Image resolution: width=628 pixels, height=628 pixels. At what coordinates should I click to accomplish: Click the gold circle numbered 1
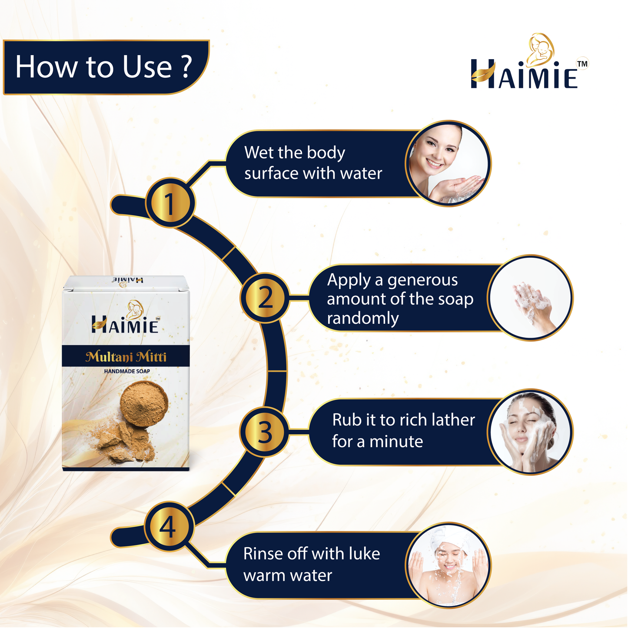click(x=170, y=203)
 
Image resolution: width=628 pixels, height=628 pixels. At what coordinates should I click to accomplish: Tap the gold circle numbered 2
click(x=265, y=298)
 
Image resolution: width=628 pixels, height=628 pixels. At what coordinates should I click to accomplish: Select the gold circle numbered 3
click(x=265, y=432)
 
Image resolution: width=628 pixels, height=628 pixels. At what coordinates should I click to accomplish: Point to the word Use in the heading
click(x=147, y=66)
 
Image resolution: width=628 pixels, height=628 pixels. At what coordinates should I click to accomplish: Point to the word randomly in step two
click(x=363, y=318)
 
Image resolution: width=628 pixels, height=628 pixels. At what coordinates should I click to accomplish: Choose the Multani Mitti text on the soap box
click(x=126, y=357)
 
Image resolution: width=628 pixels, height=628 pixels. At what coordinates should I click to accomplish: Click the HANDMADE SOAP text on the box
click(x=127, y=371)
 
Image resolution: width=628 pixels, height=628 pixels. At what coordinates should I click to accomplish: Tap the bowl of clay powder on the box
click(x=144, y=403)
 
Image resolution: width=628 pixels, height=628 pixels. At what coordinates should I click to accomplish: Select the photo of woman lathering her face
click(x=530, y=432)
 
